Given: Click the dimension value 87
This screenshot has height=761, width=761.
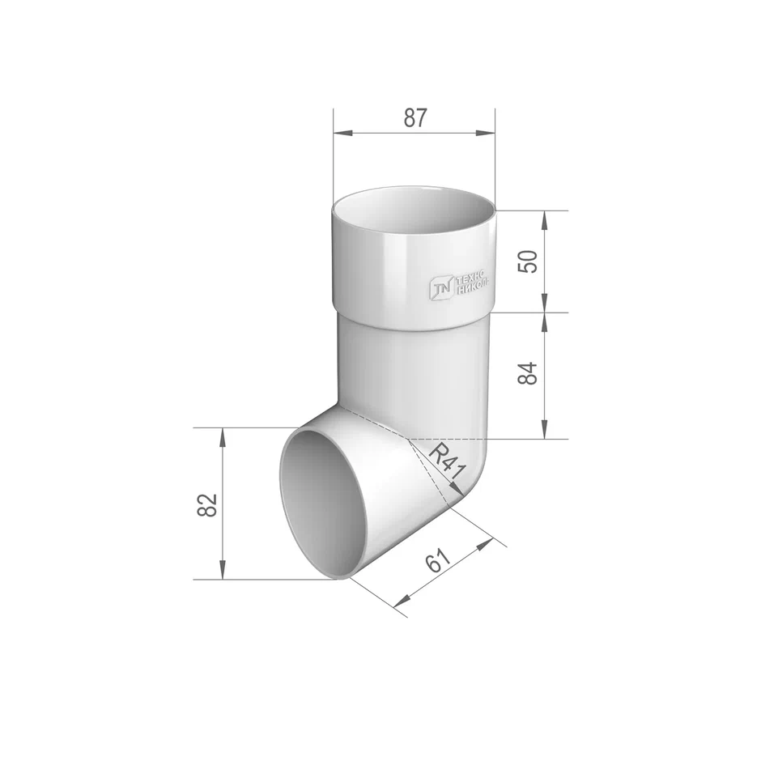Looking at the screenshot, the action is tap(415, 118).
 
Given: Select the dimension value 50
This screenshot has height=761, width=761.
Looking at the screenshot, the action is tap(528, 261).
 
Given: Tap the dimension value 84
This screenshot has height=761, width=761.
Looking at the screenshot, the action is tap(528, 373).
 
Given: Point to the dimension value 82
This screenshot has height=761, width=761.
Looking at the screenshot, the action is tap(207, 504).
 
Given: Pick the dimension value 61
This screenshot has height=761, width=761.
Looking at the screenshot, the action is tap(438, 562).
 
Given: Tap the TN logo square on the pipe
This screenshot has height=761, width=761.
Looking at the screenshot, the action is tap(441, 287).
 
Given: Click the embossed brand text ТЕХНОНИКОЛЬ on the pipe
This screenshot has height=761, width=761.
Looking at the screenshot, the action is tap(473, 283).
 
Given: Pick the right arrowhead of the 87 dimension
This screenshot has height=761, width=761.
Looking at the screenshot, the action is tap(486, 133).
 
